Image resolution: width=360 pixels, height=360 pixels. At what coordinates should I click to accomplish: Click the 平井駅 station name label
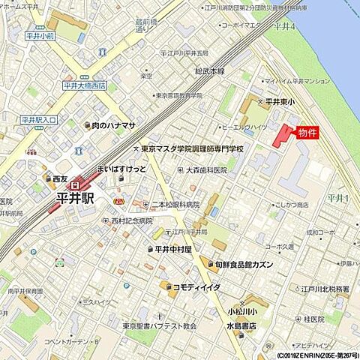point(76,198)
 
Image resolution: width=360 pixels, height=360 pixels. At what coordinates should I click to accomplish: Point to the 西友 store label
point(60,179)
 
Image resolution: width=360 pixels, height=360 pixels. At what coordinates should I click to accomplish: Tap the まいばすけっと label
point(121,169)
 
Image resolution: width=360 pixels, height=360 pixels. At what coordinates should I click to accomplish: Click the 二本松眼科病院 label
point(175,204)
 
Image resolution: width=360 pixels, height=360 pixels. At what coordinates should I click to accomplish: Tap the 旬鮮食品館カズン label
point(246,265)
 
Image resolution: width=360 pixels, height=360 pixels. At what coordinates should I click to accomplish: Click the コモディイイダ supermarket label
point(196,286)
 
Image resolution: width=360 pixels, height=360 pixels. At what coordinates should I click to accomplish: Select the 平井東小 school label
point(280,101)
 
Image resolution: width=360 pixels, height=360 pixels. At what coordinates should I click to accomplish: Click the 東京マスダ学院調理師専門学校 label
point(193,148)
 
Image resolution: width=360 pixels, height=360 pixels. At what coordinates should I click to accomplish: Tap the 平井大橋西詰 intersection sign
point(84,85)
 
